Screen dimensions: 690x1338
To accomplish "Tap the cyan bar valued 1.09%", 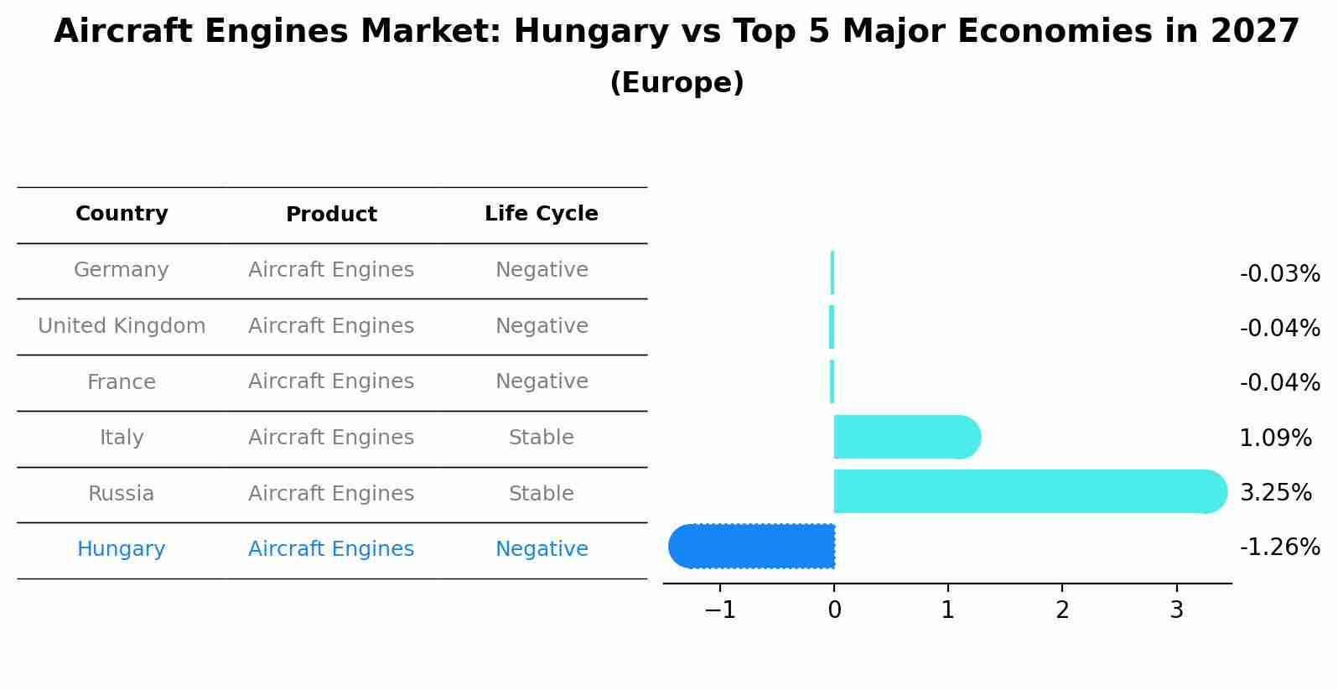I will [906, 437].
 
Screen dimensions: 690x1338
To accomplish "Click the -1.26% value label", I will [1279, 547].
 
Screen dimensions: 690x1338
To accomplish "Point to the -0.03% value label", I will [1279, 274].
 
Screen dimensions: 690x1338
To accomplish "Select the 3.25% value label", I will [1275, 493].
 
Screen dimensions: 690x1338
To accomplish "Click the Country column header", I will [122, 214].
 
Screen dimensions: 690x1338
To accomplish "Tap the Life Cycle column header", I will [542, 214].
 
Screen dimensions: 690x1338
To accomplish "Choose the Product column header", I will [331, 215].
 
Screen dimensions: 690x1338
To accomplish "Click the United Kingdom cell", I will [122, 326].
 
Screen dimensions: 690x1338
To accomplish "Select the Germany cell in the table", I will [122, 270].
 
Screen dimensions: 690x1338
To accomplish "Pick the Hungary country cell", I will [122, 549].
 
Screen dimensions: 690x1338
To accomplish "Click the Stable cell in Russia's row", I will [542, 494].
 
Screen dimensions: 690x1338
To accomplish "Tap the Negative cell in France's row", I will [542, 381].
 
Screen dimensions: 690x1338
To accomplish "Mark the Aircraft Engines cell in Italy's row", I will [331, 438].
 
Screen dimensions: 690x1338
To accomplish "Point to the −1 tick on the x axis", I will [720, 610].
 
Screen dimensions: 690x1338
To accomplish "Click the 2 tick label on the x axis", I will [1062, 610].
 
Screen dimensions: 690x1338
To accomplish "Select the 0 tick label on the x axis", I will [834, 610].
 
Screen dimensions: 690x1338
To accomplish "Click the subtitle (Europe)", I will [677, 83].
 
